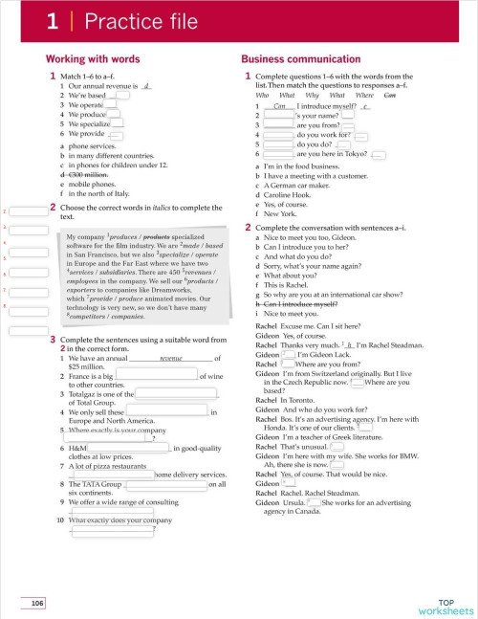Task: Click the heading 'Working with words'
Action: [x=93, y=59]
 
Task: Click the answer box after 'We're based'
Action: [x=119, y=96]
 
